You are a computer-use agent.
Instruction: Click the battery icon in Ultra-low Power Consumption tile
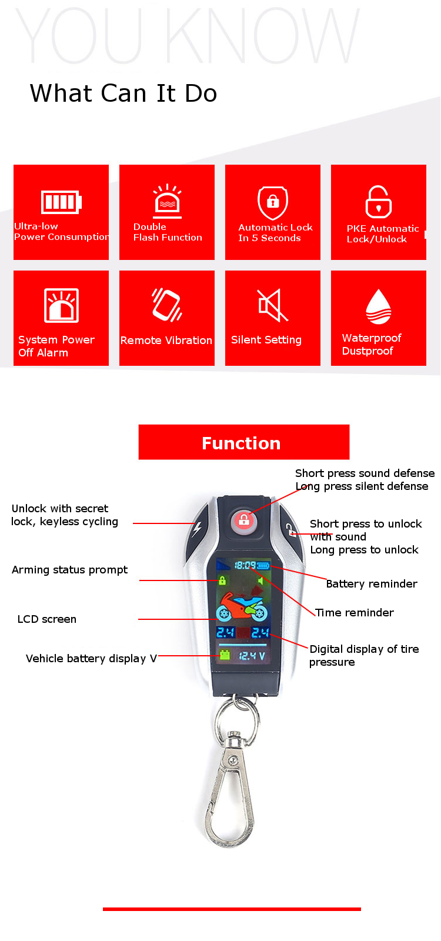tap(61, 202)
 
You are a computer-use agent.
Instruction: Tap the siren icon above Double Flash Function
tap(167, 201)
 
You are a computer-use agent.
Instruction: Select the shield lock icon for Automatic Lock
tap(273, 202)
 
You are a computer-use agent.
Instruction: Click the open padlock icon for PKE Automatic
tap(378, 202)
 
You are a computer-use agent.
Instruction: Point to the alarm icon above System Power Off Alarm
tap(61, 305)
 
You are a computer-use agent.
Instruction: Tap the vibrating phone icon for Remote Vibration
tap(167, 305)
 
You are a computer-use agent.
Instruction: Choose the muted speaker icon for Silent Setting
tap(273, 305)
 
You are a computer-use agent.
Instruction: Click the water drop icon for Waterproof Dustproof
tap(378, 306)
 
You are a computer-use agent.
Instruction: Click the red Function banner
tap(243, 442)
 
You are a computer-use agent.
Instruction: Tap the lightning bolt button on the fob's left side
tap(197, 528)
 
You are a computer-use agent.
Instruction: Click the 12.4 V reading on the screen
tap(252, 655)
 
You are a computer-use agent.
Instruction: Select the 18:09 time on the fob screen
tap(245, 565)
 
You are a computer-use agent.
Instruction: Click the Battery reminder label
tap(372, 583)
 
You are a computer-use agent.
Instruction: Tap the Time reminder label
tap(354, 612)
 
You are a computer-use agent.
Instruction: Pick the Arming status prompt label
tap(69, 569)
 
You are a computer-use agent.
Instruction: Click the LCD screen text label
tap(47, 619)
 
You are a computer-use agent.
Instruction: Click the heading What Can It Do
tap(123, 93)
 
